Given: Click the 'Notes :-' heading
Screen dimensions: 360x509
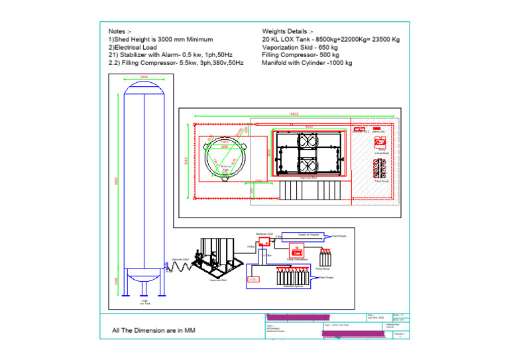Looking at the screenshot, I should (x=120, y=31).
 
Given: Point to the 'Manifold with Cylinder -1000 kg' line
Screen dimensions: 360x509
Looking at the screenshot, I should (x=307, y=63).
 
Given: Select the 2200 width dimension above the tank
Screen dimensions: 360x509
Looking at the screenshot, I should (x=144, y=78).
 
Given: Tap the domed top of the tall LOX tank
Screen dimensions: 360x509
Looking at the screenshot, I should (x=144, y=88).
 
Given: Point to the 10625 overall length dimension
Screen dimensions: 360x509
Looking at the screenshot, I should (x=293, y=114).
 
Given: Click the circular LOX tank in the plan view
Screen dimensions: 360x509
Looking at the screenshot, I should (x=225, y=160).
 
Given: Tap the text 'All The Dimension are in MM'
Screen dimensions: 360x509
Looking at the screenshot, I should (x=154, y=330).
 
